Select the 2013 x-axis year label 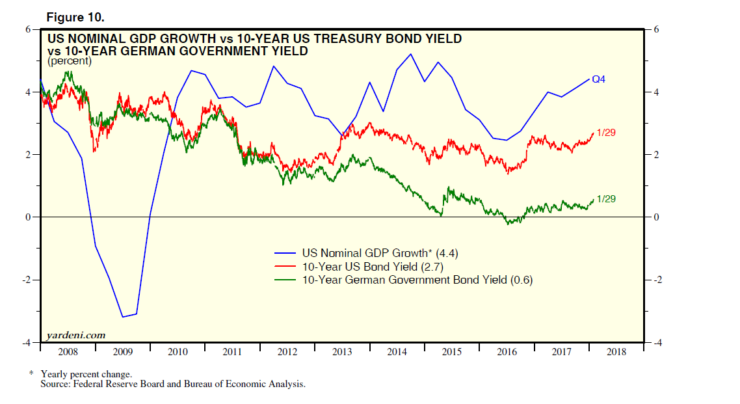(342, 352)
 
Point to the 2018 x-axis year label (616, 352)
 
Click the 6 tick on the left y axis (28, 30)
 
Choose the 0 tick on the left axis (28, 217)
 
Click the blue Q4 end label (598, 79)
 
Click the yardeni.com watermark (76, 335)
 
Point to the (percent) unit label (69, 61)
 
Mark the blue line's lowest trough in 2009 (122, 317)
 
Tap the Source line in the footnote (173, 384)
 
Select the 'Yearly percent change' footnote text (86, 374)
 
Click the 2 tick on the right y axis (655, 155)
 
